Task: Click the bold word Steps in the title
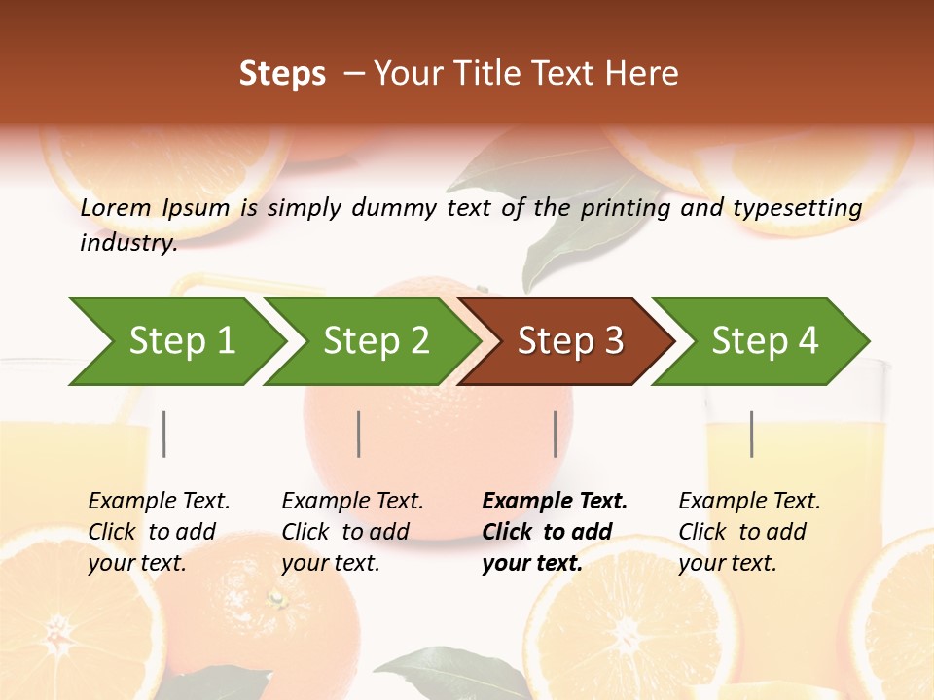(x=282, y=74)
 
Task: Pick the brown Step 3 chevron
(x=570, y=341)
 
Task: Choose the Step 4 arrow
(x=765, y=341)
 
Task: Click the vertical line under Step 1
(x=164, y=434)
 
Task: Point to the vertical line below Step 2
(x=359, y=434)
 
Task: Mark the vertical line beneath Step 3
(x=556, y=434)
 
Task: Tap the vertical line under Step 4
(x=751, y=434)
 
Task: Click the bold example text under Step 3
(x=554, y=532)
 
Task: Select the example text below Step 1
(x=159, y=532)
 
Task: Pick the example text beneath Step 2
(x=352, y=532)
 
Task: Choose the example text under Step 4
(x=749, y=532)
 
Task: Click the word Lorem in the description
(x=116, y=208)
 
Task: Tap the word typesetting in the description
(x=797, y=208)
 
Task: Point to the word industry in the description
(x=127, y=243)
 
